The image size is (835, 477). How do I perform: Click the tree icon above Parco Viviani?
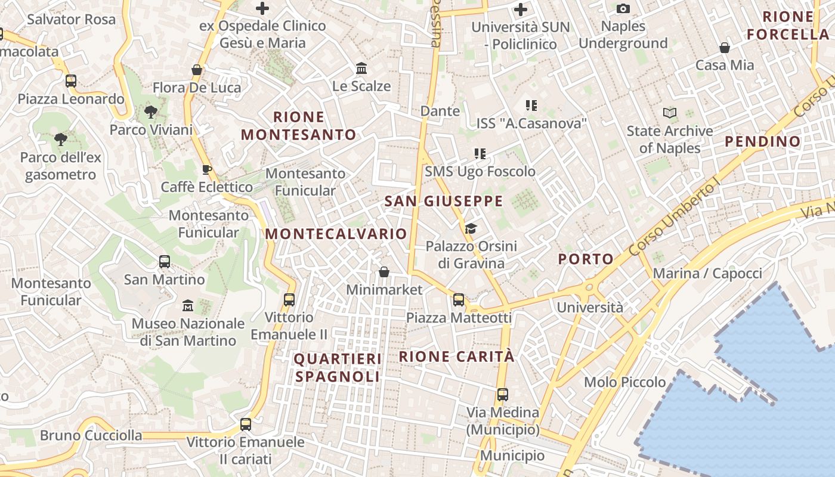(151, 111)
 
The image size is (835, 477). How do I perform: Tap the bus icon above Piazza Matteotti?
(459, 299)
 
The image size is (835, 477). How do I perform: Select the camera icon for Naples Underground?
(623, 8)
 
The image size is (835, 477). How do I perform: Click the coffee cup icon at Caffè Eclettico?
(206, 169)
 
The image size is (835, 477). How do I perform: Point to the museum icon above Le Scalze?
(361, 69)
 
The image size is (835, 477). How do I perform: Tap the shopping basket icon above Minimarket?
(384, 272)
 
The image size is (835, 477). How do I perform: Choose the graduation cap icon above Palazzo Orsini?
(471, 228)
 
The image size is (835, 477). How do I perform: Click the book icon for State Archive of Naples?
(670, 113)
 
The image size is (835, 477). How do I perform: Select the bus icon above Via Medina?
(503, 394)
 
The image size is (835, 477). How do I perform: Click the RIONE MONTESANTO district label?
(298, 126)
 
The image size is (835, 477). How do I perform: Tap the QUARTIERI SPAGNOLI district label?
(338, 367)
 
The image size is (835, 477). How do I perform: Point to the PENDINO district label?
(763, 141)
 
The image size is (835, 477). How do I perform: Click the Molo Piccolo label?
(624, 382)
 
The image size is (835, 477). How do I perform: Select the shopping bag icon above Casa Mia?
(725, 48)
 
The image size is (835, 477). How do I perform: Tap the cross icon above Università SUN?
(521, 9)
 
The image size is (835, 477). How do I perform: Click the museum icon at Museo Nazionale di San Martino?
(188, 305)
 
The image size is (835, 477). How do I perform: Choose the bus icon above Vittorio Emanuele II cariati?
(245, 425)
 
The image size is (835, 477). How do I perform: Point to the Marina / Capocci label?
(707, 273)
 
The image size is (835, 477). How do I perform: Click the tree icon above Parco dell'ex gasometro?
(60, 140)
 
